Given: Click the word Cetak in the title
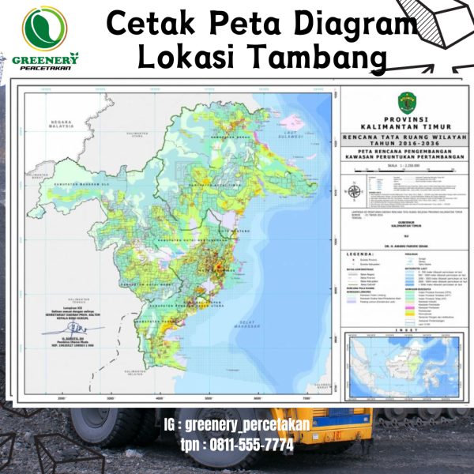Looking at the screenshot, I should [x=148, y=24].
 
